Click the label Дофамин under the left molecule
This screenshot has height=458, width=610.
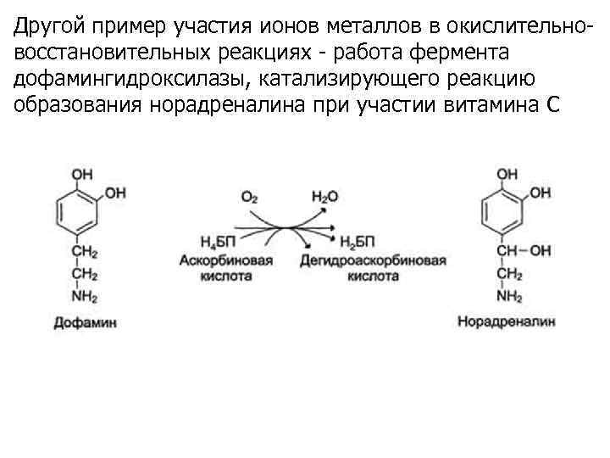(85, 322)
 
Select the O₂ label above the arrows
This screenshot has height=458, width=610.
(249, 197)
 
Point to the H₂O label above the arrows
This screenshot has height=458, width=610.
(324, 197)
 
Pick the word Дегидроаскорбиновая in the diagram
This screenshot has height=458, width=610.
(373, 261)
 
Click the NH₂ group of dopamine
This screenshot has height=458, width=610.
(84, 297)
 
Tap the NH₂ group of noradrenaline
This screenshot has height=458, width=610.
(508, 297)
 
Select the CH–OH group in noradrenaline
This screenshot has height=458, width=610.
(523, 250)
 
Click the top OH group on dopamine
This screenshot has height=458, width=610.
(82, 174)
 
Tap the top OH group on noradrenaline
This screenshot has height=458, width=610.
(507, 174)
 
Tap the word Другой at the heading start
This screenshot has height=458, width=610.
(44, 27)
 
